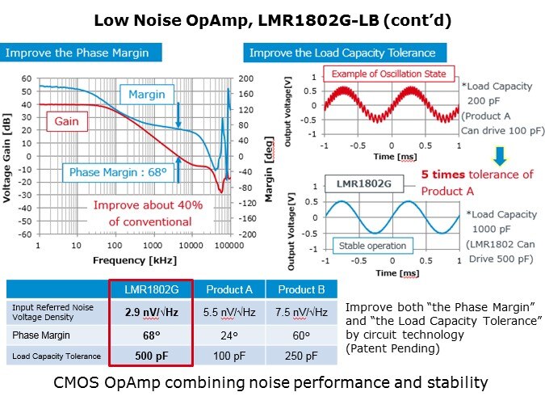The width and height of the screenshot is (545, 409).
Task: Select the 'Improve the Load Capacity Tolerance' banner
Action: (342, 53)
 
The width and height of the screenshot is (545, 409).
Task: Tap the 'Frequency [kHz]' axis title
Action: (129, 261)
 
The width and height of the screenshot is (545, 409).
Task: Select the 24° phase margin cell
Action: (232, 333)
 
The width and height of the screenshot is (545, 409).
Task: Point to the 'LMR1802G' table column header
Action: (150, 289)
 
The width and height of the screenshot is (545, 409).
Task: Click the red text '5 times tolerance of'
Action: (476, 174)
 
